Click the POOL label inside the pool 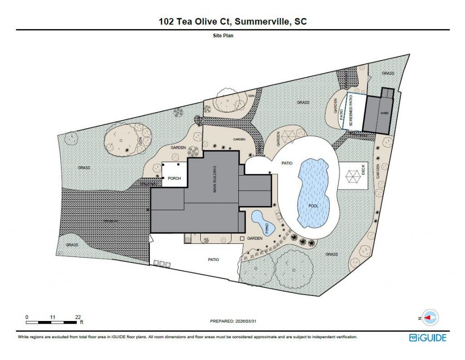click(313, 206)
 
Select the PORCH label click(175, 178)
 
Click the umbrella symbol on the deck click(353, 175)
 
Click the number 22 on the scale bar click(78, 317)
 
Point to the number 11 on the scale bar click(52, 317)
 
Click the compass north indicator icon click(429, 317)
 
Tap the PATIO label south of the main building click(213, 260)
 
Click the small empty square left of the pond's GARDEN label click(242, 238)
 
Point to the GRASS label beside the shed click(388, 73)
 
